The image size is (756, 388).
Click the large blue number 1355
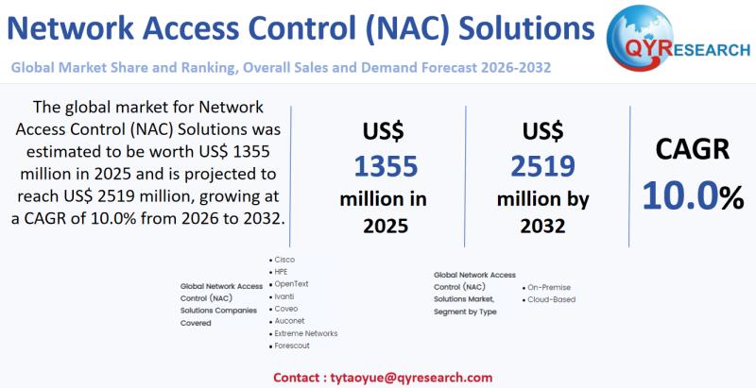coord(386,166)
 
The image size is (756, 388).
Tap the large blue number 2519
coord(542,166)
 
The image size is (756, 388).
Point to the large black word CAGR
coord(693,149)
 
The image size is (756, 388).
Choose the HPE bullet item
coord(279,272)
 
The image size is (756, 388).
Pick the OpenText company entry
coord(289,284)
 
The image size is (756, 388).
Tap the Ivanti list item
coord(282,296)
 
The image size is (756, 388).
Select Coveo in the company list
coord(283,309)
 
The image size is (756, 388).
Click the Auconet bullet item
coord(287,321)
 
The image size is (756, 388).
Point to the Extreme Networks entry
coord(303,333)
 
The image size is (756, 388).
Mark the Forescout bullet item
coord(289,346)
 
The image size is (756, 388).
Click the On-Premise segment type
coord(547,287)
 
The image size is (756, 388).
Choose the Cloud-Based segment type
coord(549,299)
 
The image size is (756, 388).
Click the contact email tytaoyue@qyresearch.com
coord(411,378)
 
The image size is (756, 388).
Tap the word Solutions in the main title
coord(526,29)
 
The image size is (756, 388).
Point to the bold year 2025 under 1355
coord(386,226)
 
